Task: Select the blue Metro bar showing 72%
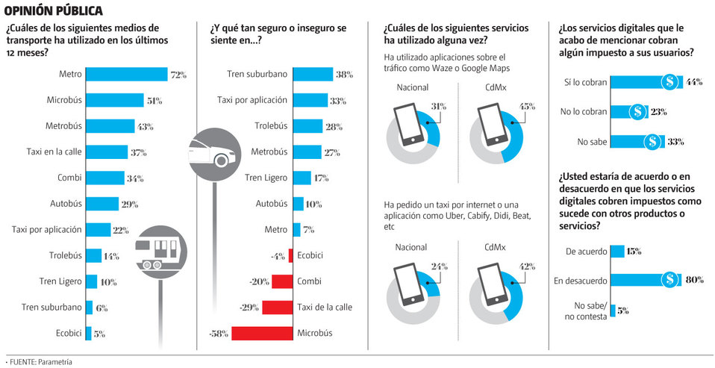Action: (x=126, y=75)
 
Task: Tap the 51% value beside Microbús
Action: (x=154, y=101)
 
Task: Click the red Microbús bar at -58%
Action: (x=262, y=333)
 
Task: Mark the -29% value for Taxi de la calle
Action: (x=249, y=307)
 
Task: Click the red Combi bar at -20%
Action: (x=281, y=281)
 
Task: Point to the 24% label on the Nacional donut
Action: (x=438, y=266)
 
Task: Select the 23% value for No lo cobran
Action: (x=658, y=112)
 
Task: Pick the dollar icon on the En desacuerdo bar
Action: (x=670, y=279)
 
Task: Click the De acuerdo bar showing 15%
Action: (x=617, y=252)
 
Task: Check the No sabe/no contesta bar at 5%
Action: (x=613, y=310)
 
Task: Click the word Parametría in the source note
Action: (x=55, y=361)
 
